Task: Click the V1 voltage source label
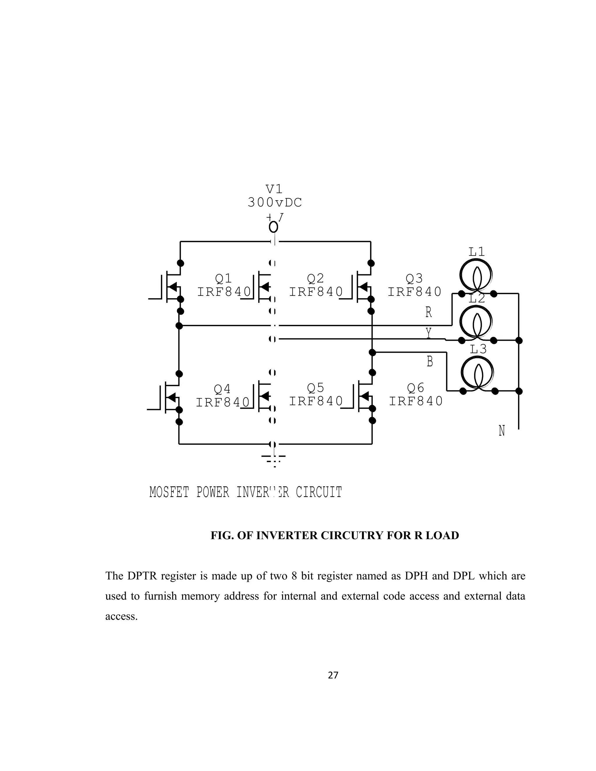click(x=274, y=189)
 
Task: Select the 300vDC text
click(x=275, y=202)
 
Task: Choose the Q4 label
click(x=222, y=389)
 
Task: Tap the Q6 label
click(x=416, y=388)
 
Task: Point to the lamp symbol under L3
click(x=477, y=372)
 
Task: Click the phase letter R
click(x=429, y=312)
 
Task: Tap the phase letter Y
click(x=429, y=333)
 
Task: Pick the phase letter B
click(x=430, y=361)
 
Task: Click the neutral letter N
click(x=502, y=431)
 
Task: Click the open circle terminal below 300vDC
click(x=273, y=227)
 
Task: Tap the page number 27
click(x=333, y=675)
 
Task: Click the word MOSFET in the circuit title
click(x=169, y=492)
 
